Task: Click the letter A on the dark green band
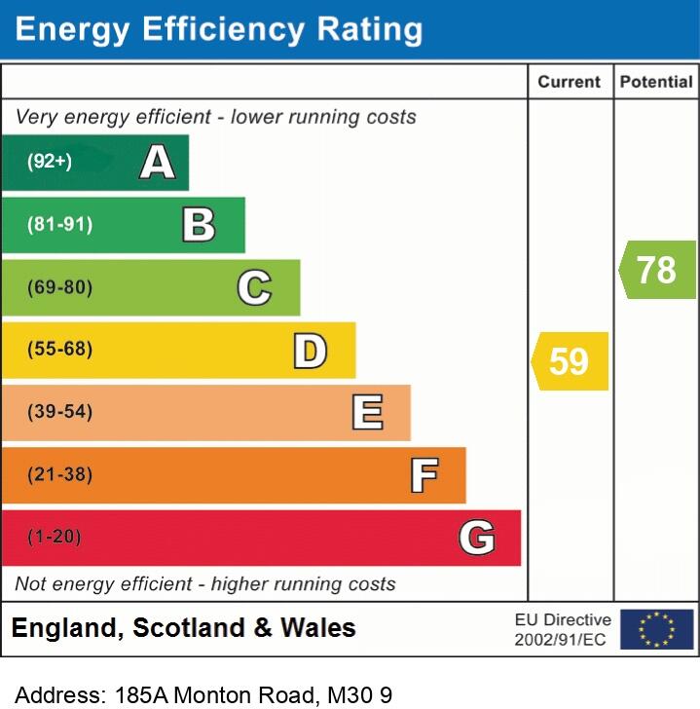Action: pyautogui.click(x=158, y=162)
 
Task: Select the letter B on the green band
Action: pyautogui.click(x=199, y=225)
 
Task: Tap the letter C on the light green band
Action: pyautogui.click(x=254, y=287)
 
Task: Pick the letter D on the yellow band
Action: pyautogui.click(x=310, y=351)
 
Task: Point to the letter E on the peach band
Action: pyautogui.click(x=367, y=413)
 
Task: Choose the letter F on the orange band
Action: pyautogui.click(x=424, y=475)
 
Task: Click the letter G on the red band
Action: pyautogui.click(x=477, y=538)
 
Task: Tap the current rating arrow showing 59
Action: pyautogui.click(x=570, y=361)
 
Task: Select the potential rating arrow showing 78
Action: pyautogui.click(x=657, y=270)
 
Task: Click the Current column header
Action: pyautogui.click(x=570, y=83)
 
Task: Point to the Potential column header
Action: pyautogui.click(x=656, y=83)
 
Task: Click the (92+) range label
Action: pyautogui.click(x=50, y=162)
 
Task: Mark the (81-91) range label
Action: pyautogui.click(x=60, y=225)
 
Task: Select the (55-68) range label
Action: pyautogui.click(x=60, y=350)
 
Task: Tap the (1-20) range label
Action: pyautogui.click(x=55, y=537)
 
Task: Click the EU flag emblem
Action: pyautogui.click(x=656, y=629)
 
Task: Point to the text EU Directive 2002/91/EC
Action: pyautogui.click(x=563, y=629)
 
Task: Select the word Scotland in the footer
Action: pyautogui.click(x=189, y=628)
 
